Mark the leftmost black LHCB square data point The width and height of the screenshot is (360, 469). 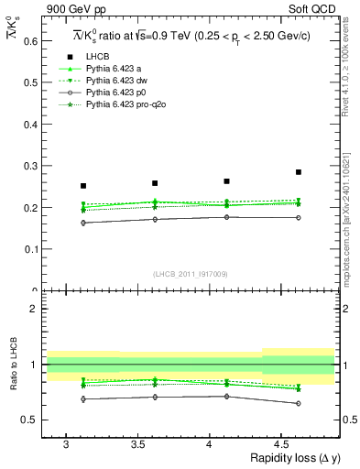pos(83,186)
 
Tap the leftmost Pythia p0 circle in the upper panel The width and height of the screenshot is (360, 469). pos(83,223)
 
